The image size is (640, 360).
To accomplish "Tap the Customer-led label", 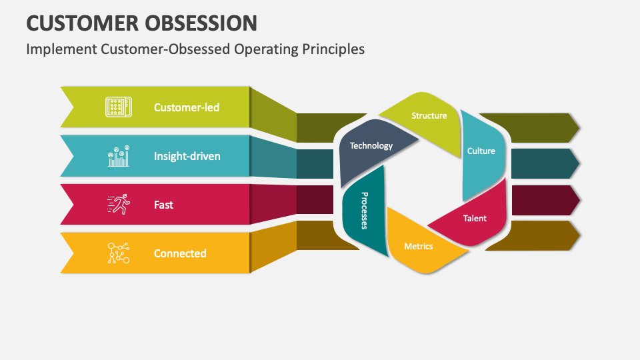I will (x=186, y=107).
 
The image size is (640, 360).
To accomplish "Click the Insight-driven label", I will (x=187, y=157).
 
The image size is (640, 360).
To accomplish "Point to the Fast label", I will (x=163, y=205).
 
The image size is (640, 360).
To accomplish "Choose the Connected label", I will (x=180, y=253).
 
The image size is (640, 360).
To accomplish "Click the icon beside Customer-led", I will (x=118, y=107).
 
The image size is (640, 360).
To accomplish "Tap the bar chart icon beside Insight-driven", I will (x=118, y=156).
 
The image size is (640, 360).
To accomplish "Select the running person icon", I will (x=118, y=205).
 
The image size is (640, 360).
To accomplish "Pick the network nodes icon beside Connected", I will (x=118, y=253).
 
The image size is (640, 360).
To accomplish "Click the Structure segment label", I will (x=429, y=116).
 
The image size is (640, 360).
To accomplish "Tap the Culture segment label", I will (x=481, y=151).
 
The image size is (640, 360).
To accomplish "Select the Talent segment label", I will (x=475, y=219).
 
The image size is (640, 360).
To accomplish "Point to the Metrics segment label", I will (x=418, y=247).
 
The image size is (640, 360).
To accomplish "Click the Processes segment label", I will (x=365, y=210).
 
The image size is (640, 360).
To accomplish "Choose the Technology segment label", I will (x=371, y=146).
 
